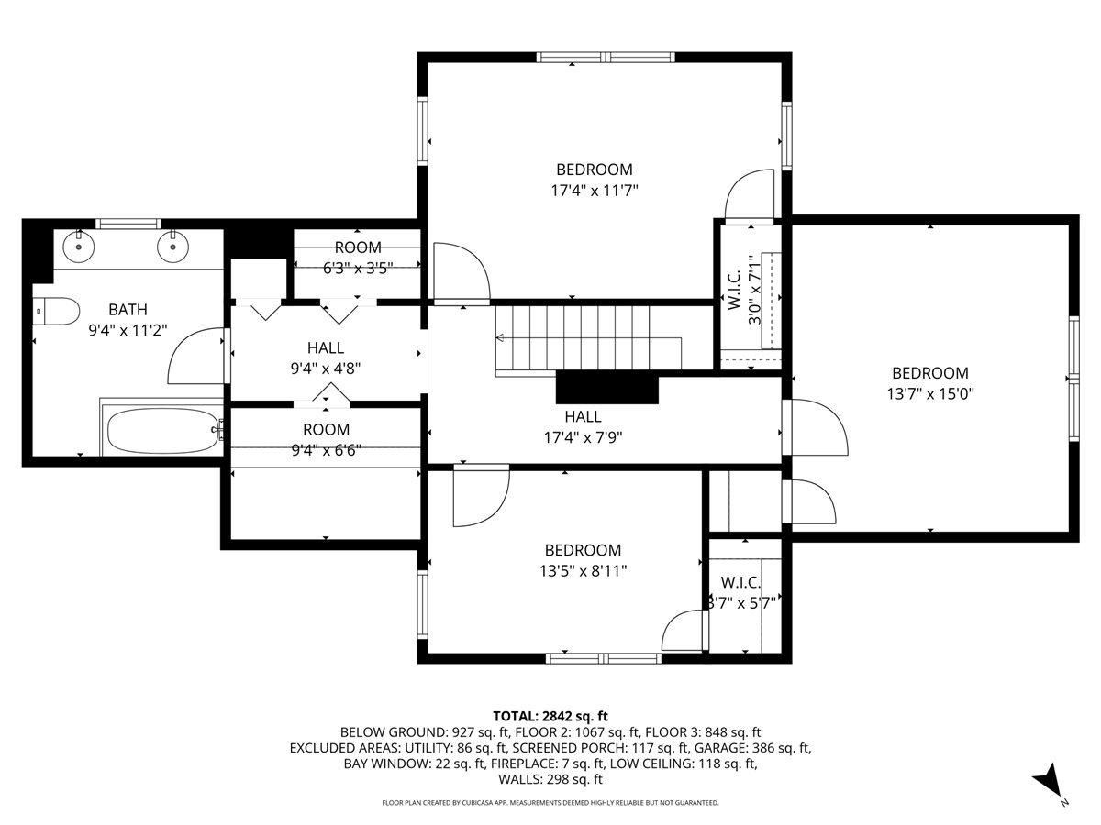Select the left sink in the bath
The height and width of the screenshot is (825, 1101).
pos(80,244)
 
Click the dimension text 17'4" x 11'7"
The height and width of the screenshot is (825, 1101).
pos(594,191)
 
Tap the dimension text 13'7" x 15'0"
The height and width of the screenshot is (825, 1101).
pos(929,394)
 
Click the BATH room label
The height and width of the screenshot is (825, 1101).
pos(128,310)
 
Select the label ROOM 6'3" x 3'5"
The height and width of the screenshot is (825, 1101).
pos(357,258)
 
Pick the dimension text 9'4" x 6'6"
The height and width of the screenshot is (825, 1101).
pos(326,450)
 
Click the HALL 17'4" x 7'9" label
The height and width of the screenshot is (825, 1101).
pos(584,426)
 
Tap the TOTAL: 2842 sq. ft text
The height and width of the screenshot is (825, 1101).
pos(550,715)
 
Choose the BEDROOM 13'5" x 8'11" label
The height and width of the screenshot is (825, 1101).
pos(583,559)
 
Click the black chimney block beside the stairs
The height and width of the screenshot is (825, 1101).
pos(607,388)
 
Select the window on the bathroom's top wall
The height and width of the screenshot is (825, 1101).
pos(128,223)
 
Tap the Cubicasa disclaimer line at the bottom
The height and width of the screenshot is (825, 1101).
pos(550,802)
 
